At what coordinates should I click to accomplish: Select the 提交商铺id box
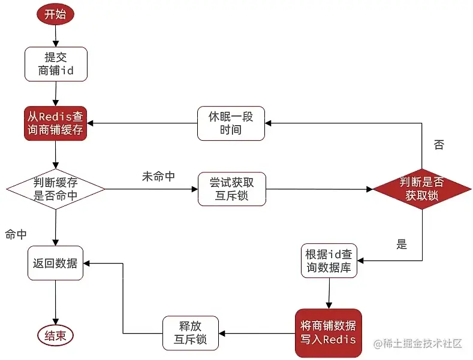click(x=56, y=64)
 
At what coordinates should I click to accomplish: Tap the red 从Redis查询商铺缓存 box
click(x=56, y=123)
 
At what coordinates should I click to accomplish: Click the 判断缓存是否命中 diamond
click(x=56, y=189)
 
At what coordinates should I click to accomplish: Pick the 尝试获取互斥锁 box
click(x=231, y=189)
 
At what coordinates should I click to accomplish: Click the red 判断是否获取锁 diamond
click(x=421, y=189)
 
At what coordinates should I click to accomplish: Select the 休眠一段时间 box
click(x=231, y=123)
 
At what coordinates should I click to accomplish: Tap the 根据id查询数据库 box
click(x=329, y=261)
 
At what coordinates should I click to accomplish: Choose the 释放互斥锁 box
click(x=192, y=332)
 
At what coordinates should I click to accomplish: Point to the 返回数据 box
click(x=56, y=263)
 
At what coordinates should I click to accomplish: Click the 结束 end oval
click(x=56, y=335)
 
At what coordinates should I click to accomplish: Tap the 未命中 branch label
click(x=158, y=177)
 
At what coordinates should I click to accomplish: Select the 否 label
click(x=439, y=144)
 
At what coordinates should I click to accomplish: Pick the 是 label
click(x=402, y=244)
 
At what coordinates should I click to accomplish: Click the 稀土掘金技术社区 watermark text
click(x=418, y=344)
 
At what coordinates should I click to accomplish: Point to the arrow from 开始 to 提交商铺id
click(x=56, y=36)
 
